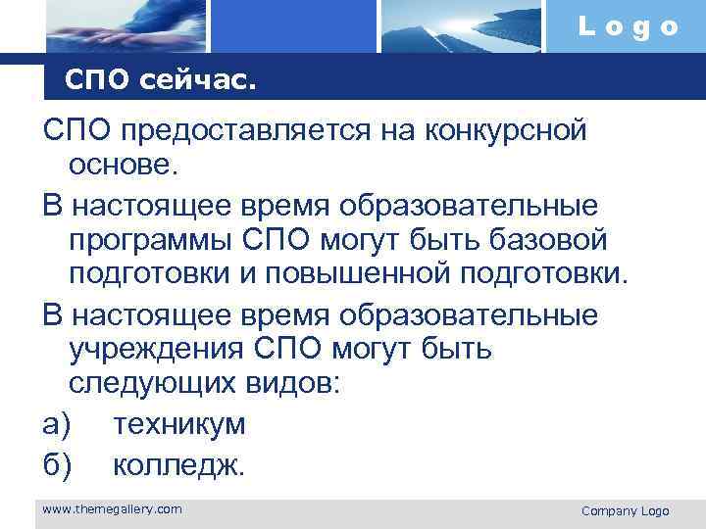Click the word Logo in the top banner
(628, 27)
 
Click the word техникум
(179, 424)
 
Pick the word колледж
(178, 464)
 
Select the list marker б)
(57, 464)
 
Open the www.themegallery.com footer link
(112, 508)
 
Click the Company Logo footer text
(625, 511)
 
